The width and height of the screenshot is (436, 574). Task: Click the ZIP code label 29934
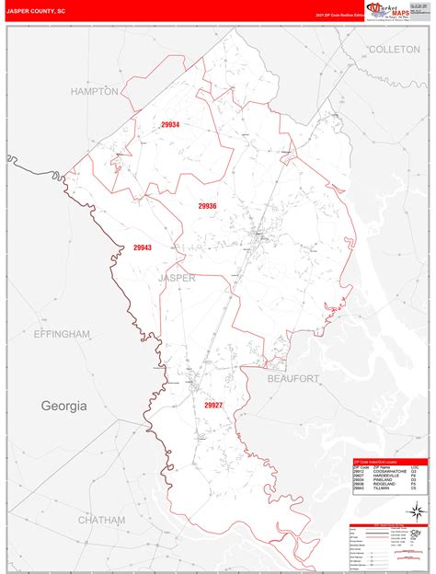tap(170, 125)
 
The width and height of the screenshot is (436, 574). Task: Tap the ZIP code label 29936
tap(207, 206)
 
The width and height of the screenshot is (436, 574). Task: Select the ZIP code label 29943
tap(143, 247)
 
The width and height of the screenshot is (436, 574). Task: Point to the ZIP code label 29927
tap(213, 405)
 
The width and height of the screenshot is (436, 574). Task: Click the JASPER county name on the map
tap(177, 277)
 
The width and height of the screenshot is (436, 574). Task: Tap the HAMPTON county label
tap(95, 92)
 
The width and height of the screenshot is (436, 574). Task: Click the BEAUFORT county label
tap(293, 378)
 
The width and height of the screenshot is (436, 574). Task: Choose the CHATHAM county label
tap(101, 520)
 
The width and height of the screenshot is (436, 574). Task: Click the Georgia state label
tap(63, 406)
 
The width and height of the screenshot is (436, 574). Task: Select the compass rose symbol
tap(416, 511)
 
